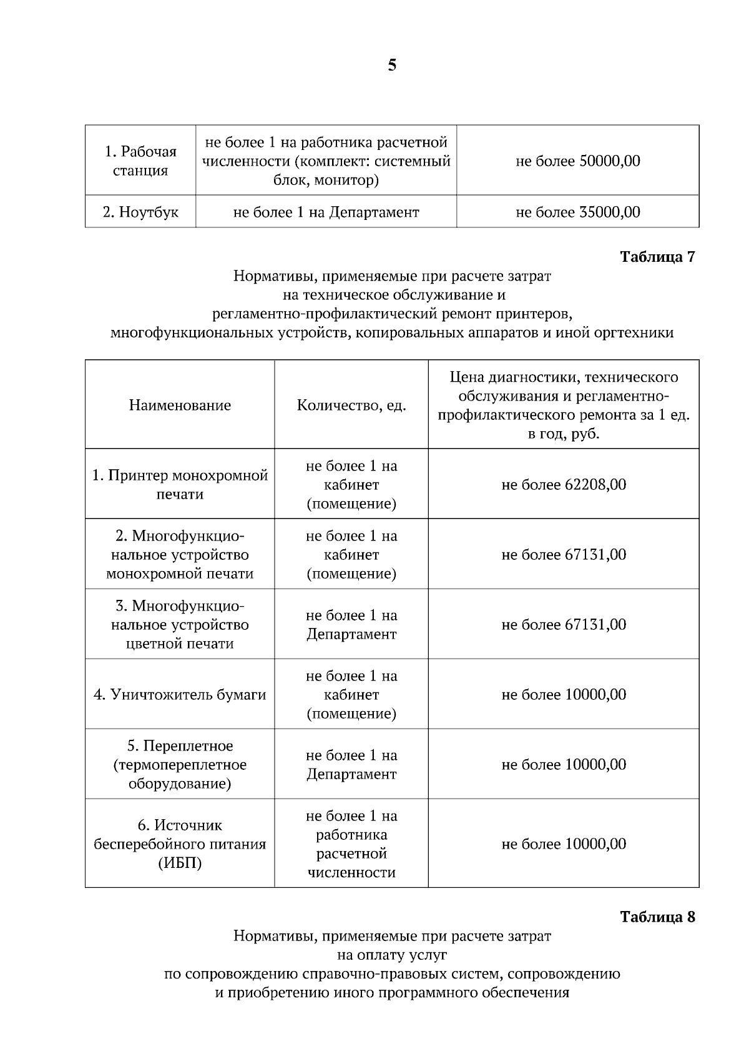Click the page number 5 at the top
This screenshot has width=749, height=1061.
click(x=391, y=65)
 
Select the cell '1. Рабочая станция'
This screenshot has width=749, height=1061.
click(x=140, y=161)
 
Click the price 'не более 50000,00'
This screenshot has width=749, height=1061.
click(x=577, y=161)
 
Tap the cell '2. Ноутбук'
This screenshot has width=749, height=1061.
click(x=140, y=212)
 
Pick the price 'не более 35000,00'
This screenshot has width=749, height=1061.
click(x=577, y=212)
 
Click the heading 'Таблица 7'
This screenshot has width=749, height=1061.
click(x=657, y=257)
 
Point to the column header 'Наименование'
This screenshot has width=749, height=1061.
click(x=180, y=405)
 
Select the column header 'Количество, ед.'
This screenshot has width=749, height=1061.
click(x=351, y=405)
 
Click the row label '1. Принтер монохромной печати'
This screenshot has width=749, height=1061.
click(x=180, y=484)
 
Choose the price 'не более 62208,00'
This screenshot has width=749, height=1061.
click(x=564, y=484)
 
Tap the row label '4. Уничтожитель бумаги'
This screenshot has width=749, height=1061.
click(x=180, y=694)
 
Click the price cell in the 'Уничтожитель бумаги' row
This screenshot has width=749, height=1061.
click(x=564, y=694)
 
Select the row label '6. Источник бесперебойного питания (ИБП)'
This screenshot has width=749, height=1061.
click(x=180, y=844)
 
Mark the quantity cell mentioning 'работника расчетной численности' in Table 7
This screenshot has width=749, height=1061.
click(x=351, y=844)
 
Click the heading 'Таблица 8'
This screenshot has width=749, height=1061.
click(x=657, y=917)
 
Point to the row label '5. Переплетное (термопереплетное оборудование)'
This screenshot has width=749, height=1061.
click(x=180, y=764)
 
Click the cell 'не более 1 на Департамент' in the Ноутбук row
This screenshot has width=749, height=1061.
click(x=326, y=212)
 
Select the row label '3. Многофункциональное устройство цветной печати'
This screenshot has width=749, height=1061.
click(x=180, y=624)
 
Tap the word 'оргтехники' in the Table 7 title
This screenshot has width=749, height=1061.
click(x=637, y=332)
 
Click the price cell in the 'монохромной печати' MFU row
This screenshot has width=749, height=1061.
click(x=564, y=554)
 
